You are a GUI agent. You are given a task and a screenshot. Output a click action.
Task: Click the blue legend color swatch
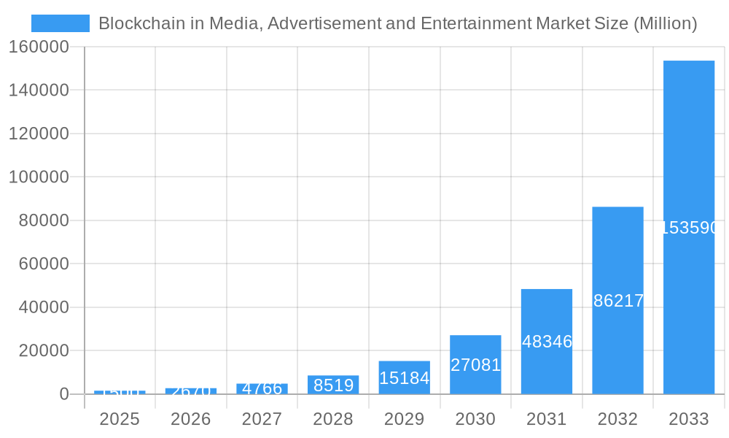[60, 23]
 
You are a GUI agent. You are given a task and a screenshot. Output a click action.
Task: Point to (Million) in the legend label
[665, 23]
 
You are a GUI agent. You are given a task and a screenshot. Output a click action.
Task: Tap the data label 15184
[405, 378]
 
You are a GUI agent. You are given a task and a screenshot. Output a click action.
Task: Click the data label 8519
[333, 385]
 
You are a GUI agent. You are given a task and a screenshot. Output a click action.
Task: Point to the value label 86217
[618, 301]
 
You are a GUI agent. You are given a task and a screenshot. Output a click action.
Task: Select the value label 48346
[547, 342]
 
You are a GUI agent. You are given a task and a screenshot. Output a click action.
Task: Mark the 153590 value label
[689, 228]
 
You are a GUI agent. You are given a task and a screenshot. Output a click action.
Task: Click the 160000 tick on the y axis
[39, 47]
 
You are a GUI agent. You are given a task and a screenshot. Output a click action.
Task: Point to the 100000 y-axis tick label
[39, 177]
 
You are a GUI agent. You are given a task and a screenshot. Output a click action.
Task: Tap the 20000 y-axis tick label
[43, 351]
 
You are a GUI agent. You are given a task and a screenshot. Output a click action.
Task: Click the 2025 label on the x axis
[120, 419]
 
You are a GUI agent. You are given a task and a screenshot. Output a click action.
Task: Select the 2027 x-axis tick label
[262, 419]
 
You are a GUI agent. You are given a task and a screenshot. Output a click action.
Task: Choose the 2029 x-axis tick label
[404, 419]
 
